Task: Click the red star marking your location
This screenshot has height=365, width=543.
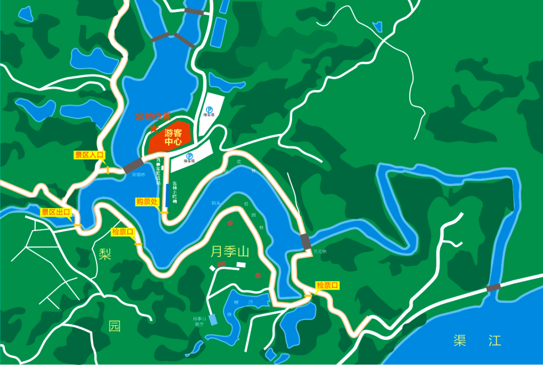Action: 153,129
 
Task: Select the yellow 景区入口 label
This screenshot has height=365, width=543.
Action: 89,155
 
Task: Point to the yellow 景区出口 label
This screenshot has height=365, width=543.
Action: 56,212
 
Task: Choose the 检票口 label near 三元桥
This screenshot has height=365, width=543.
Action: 327,286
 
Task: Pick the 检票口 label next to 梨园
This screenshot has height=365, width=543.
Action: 123,232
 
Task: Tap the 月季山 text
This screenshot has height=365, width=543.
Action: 230,251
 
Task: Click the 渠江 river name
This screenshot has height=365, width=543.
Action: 477,341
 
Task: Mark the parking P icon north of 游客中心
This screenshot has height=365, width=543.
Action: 209,109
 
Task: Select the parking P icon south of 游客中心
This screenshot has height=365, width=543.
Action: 190,156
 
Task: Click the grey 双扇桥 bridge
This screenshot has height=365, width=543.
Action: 133,165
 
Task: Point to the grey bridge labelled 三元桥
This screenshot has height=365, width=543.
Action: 306,241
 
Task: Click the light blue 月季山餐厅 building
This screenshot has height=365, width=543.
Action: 214,319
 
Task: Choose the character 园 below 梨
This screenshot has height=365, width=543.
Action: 115,326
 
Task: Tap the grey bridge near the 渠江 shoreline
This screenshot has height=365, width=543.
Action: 493,288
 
